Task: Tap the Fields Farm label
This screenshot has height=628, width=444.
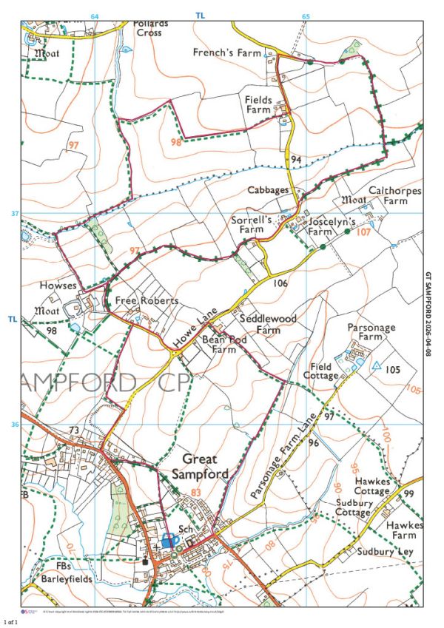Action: [259, 104]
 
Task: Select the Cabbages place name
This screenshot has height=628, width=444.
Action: [269, 190]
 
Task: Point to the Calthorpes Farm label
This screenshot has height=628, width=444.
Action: [394, 195]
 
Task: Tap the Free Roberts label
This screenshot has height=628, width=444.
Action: [148, 301]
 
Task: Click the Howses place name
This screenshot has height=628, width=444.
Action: [60, 285]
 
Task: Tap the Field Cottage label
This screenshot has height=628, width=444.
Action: [320, 371]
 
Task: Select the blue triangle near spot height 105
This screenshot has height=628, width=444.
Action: [377, 365]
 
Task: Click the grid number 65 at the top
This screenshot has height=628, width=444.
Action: [306, 16]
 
